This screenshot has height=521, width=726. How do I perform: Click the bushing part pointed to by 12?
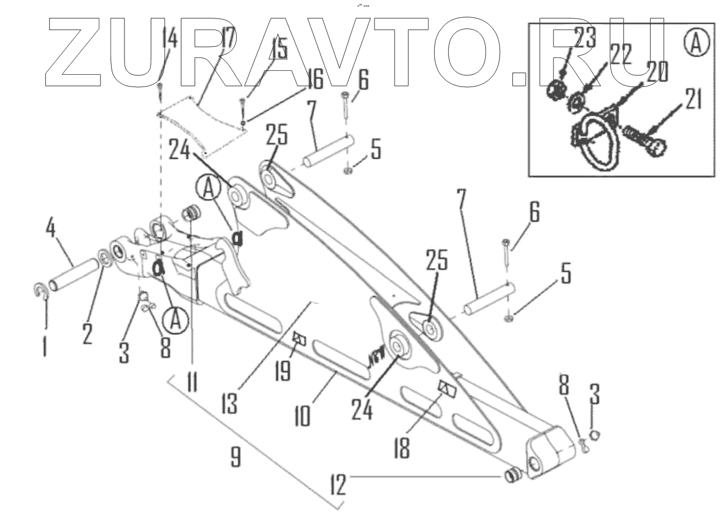[512, 476]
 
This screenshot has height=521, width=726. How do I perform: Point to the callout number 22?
[620, 55]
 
